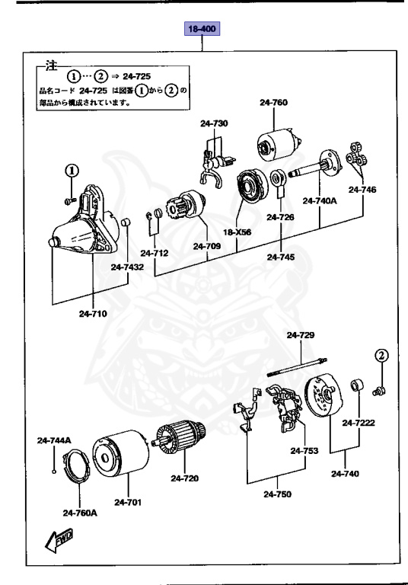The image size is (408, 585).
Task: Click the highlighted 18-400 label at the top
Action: pyautogui.click(x=202, y=30)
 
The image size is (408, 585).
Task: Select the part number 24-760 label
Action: pyautogui.click(x=273, y=102)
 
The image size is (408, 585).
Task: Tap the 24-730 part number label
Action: pyautogui.click(x=214, y=123)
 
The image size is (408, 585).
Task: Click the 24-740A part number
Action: pyautogui.click(x=318, y=201)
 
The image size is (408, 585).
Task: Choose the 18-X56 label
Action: pyautogui.click(x=237, y=232)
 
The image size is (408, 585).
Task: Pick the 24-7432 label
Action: pyautogui.click(x=126, y=267)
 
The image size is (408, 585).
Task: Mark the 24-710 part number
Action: pyautogui.click(x=92, y=312)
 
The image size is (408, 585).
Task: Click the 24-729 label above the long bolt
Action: pyautogui.click(x=300, y=335)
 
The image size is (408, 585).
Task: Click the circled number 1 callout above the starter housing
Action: pyautogui.click(x=71, y=170)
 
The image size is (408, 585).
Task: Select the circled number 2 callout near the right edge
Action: pyautogui.click(x=381, y=355)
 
